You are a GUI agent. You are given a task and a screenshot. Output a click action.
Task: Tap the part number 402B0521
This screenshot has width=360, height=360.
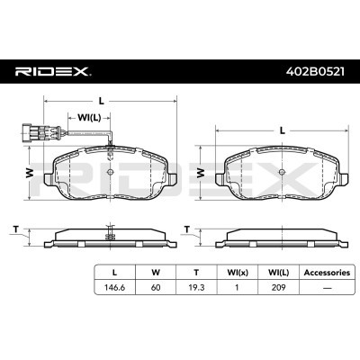click(x=315, y=72)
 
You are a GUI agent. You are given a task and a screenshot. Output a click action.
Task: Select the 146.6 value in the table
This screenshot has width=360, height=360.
click(x=114, y=287)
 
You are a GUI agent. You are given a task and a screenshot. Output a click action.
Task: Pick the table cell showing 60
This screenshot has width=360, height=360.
click(x=156, y=287)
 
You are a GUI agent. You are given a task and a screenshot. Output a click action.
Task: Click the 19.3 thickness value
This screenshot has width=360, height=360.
click(x=196, y=287)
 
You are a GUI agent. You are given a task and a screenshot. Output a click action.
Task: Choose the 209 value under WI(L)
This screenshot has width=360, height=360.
click(x=278, y=287)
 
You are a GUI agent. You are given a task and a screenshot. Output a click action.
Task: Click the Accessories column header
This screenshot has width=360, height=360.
click(x=327, y=273)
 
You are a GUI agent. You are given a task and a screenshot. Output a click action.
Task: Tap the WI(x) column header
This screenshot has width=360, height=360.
click(x=238, y=273)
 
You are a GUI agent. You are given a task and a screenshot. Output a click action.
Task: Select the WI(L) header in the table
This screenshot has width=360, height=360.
click(x=278, y=273)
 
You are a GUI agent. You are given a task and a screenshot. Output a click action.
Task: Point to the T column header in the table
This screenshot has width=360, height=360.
click(x=196, y=273)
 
